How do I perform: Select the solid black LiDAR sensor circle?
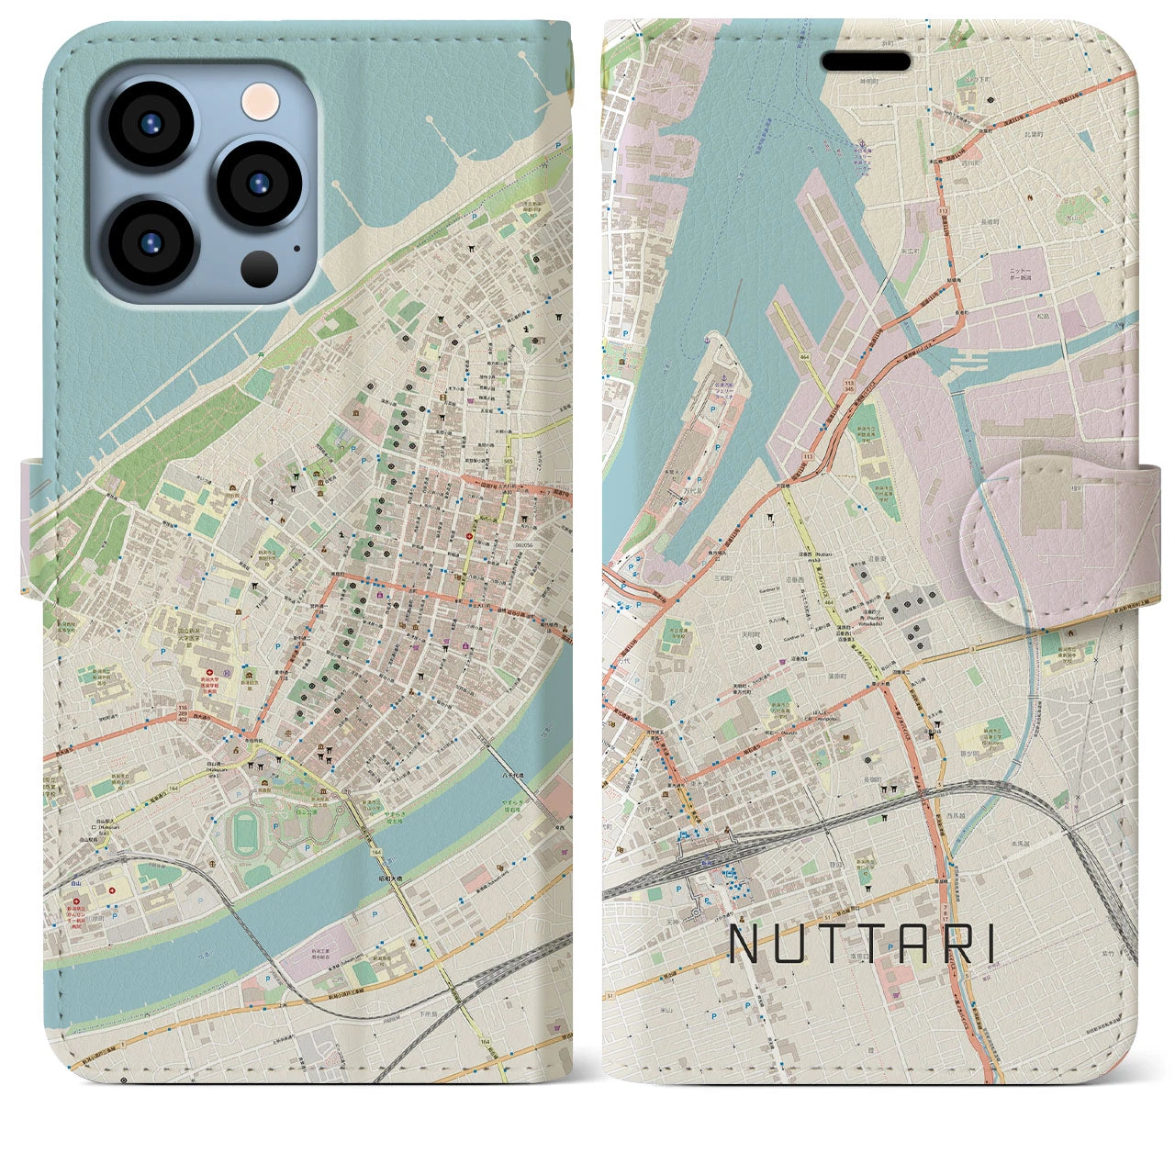(x=259, y=267)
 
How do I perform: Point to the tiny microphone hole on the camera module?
(x=296, y=247)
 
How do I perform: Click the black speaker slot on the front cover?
(x=866, y=62)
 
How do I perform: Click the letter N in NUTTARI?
(x=744, y=943)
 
